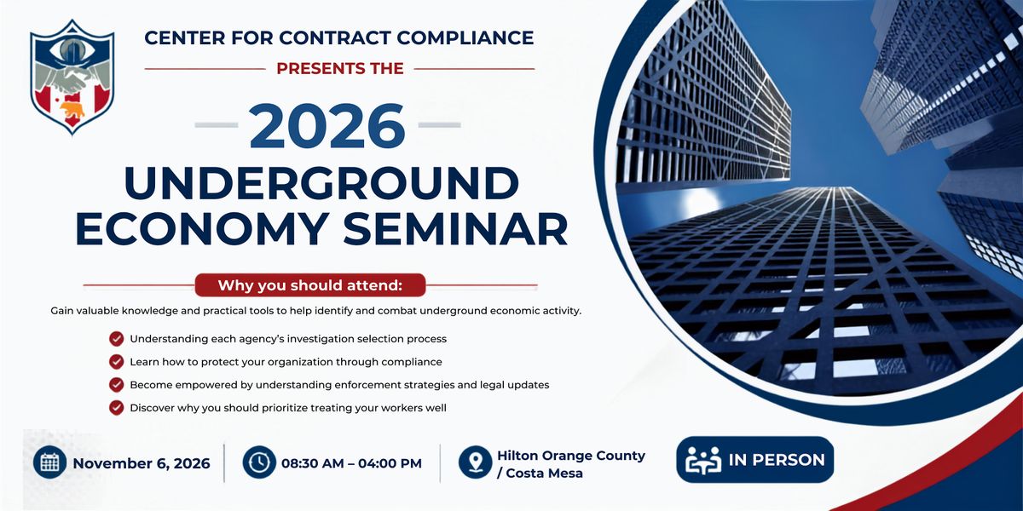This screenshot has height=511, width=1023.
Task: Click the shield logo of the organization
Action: click(72, 78)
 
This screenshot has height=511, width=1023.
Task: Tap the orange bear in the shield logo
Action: click(72, 110)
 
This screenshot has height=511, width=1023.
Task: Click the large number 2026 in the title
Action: click(327, 125)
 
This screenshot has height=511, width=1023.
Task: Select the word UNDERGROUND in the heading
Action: click(321, 183)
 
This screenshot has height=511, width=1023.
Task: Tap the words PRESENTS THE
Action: click(340, 68)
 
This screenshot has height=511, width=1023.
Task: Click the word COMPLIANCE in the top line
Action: click(465, 37)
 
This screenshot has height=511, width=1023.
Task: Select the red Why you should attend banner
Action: click(310, 285)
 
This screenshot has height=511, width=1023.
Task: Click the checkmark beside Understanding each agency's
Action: click(117, 339)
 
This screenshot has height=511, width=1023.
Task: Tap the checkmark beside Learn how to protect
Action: click(117, 362)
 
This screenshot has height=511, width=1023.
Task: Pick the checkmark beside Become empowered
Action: click(117, 385)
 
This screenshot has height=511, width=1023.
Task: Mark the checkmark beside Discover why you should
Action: click(117, 407)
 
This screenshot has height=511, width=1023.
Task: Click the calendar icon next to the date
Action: click(49, 462)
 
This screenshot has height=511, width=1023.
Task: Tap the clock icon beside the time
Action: click(259, 462)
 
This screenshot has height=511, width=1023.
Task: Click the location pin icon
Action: click(476, 462)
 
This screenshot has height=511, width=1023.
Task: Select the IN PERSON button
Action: click(755, 459)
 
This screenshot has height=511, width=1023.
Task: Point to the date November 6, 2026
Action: click(142, 463)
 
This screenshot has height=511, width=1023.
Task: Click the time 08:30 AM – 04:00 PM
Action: click(351, 463)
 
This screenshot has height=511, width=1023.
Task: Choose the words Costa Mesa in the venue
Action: click(545, 474)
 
